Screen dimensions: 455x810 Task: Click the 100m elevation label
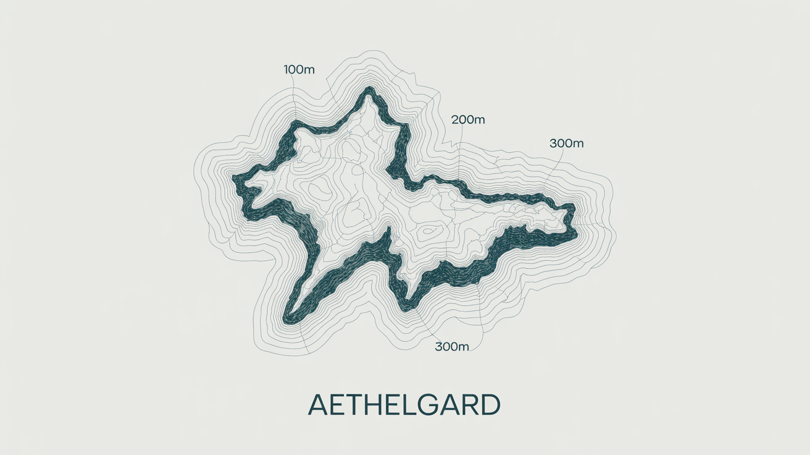299,69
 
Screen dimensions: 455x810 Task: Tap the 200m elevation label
468,120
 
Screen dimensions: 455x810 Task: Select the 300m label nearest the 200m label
566,143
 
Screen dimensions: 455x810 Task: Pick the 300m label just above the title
452,346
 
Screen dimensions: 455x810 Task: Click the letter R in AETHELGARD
468,405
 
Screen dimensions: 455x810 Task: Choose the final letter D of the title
488,405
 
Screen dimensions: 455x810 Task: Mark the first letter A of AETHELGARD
319,405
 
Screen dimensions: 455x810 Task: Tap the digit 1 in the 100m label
286,69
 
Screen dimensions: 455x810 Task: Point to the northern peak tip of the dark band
370,90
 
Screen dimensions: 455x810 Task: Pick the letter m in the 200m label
478,120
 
